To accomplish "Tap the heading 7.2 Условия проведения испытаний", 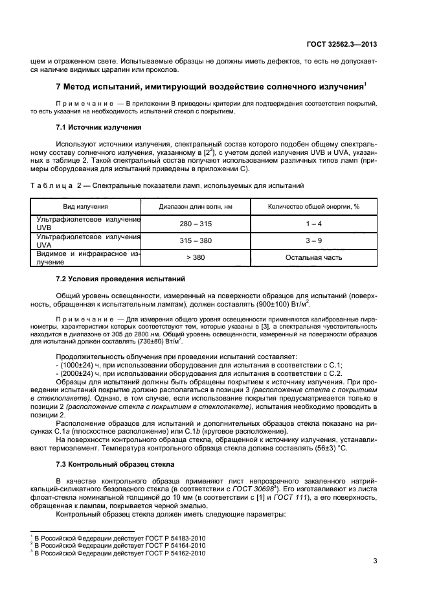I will (121, 279).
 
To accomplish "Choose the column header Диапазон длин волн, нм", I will (196, 207).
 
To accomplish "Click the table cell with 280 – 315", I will (196, 224).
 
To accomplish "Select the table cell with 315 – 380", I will (196, 240).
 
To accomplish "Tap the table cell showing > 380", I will (196, 257).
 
